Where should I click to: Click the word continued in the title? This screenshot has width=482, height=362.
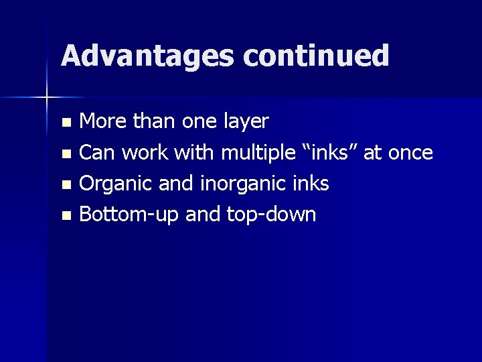tap(316, 56)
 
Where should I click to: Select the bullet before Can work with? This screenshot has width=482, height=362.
tap(66, 154)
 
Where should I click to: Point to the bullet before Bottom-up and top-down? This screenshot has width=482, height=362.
tap(66, 216)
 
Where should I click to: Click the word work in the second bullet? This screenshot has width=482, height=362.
tap(147, 153)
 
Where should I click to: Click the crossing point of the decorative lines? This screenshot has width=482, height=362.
tap(47, 98)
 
